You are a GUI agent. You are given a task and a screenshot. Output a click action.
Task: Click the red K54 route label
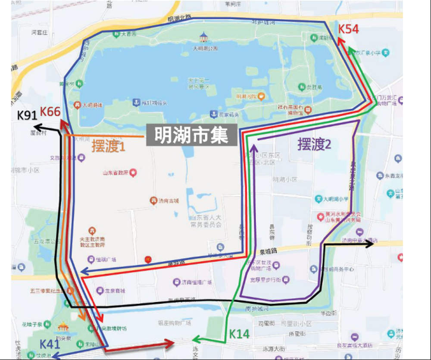pos(348,29)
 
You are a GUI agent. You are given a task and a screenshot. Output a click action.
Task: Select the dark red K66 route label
pos(50,111)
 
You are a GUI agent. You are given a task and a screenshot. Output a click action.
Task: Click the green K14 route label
pos(239,334)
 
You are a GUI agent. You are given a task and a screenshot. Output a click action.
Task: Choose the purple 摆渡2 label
pos(315,144)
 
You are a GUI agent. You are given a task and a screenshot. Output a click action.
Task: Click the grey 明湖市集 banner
pos(191,135)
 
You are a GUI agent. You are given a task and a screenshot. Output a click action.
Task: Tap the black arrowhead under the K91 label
pos(38,127)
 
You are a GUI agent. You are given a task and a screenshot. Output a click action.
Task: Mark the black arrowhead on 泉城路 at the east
pos(370,244)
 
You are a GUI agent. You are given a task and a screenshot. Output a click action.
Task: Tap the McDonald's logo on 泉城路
pos(148,259)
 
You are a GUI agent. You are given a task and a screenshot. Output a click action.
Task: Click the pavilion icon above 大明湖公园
pos(203,35)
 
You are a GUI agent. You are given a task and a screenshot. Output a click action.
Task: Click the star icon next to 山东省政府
pos(133,173)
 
